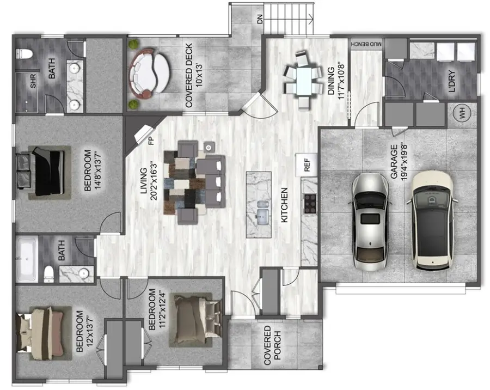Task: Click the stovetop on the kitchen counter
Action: point(310,203)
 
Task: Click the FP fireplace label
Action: point(151,140)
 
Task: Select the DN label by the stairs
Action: point(260,20)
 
